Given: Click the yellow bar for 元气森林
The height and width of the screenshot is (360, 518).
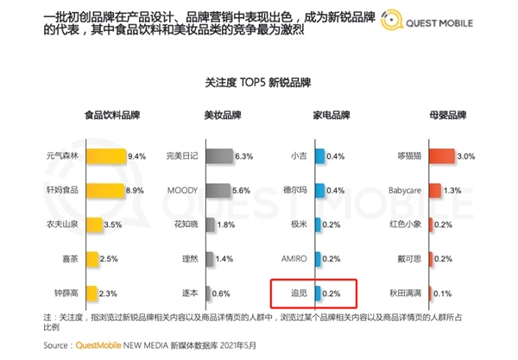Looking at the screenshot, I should (x=104, y=156).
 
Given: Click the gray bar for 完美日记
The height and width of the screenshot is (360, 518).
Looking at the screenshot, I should (x=218, y=156).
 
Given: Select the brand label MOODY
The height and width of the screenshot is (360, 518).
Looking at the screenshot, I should (x=181, y=190).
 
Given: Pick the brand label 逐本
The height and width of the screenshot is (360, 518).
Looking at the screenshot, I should (x=188, y=293).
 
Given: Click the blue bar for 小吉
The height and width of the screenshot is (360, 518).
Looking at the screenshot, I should (x=319, y=156).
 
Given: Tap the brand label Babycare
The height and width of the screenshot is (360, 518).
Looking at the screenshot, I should (x=404, y=190).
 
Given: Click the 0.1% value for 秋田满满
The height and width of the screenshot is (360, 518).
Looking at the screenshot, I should (x=443, y=293).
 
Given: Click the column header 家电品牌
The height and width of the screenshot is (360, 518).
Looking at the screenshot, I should (x=331, y=115).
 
